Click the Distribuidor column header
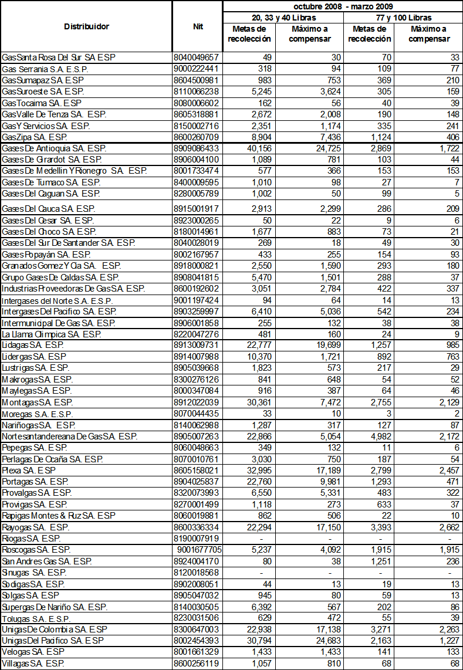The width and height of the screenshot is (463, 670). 86,26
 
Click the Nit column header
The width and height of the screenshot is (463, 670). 197,26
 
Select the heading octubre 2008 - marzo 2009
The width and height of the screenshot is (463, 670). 343,6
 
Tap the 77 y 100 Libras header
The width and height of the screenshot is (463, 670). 403,18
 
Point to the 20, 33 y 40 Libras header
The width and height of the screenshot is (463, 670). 283,18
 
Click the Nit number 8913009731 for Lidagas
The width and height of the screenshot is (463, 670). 197,345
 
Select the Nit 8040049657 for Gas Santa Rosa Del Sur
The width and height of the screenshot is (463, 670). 197,57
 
